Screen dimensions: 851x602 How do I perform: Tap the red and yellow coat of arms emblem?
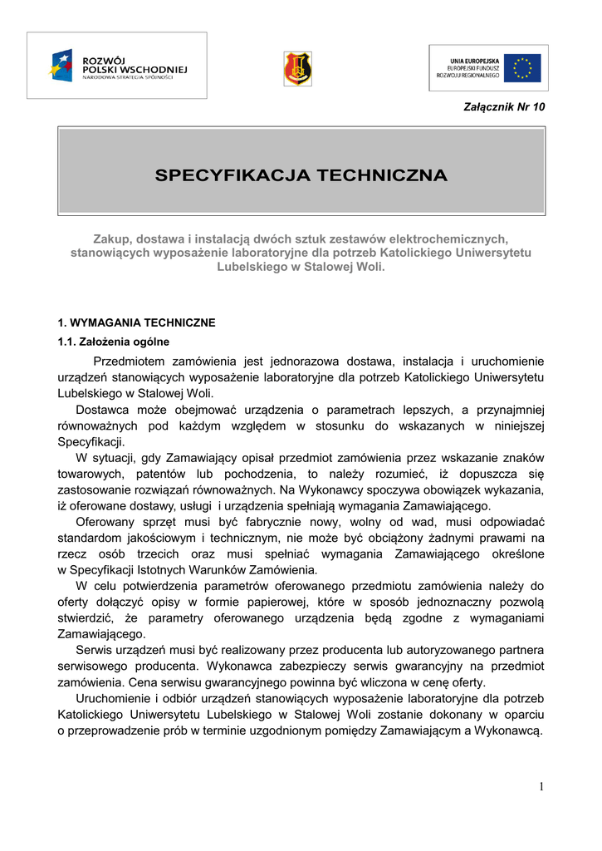click(297, 67)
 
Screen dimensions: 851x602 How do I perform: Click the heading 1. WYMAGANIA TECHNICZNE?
click(135, 322)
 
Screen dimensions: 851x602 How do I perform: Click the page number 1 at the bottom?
click(541, 787)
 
